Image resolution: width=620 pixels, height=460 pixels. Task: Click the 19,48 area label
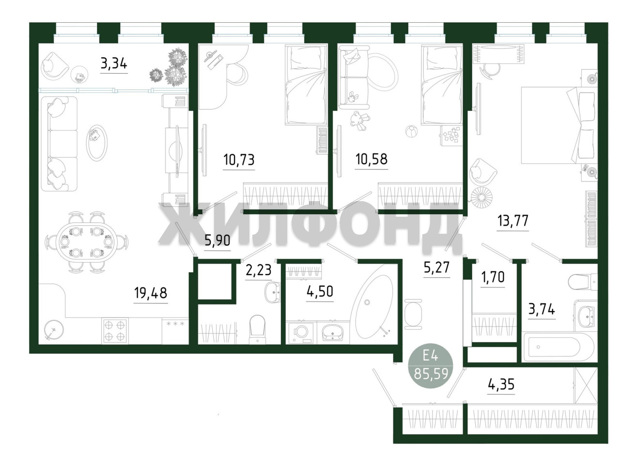pyautogui.click(x=151, y=293)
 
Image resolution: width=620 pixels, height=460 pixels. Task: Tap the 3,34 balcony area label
pyautogui.click(x=114, y=64)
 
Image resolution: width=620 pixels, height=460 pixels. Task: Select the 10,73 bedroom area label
pyautogui.click(x=239, y=160)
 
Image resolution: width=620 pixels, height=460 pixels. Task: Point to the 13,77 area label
pyautogui.click(x=512, y=221)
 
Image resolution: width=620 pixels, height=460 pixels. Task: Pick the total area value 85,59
pyautogui.click(x=431, y=373)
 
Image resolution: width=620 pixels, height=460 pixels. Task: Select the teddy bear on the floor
pyautogui.click(x=358, y=121)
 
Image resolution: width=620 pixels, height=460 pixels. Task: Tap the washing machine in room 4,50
pyautogui.click(x=301, y=333)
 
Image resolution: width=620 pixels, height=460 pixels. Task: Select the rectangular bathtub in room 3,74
pyautogui.click(x=559, y=347)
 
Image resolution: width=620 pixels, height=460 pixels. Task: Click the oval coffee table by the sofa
pyautogui.click(x=96, y=143)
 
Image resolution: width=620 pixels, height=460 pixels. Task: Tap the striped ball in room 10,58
pyautogui.click(x=411, y=131)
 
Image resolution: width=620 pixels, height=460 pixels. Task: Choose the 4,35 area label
pyautogui.click(x=501, y=385)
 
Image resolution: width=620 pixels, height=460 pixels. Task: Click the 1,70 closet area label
pyautogui.click(x=493, y=277)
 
